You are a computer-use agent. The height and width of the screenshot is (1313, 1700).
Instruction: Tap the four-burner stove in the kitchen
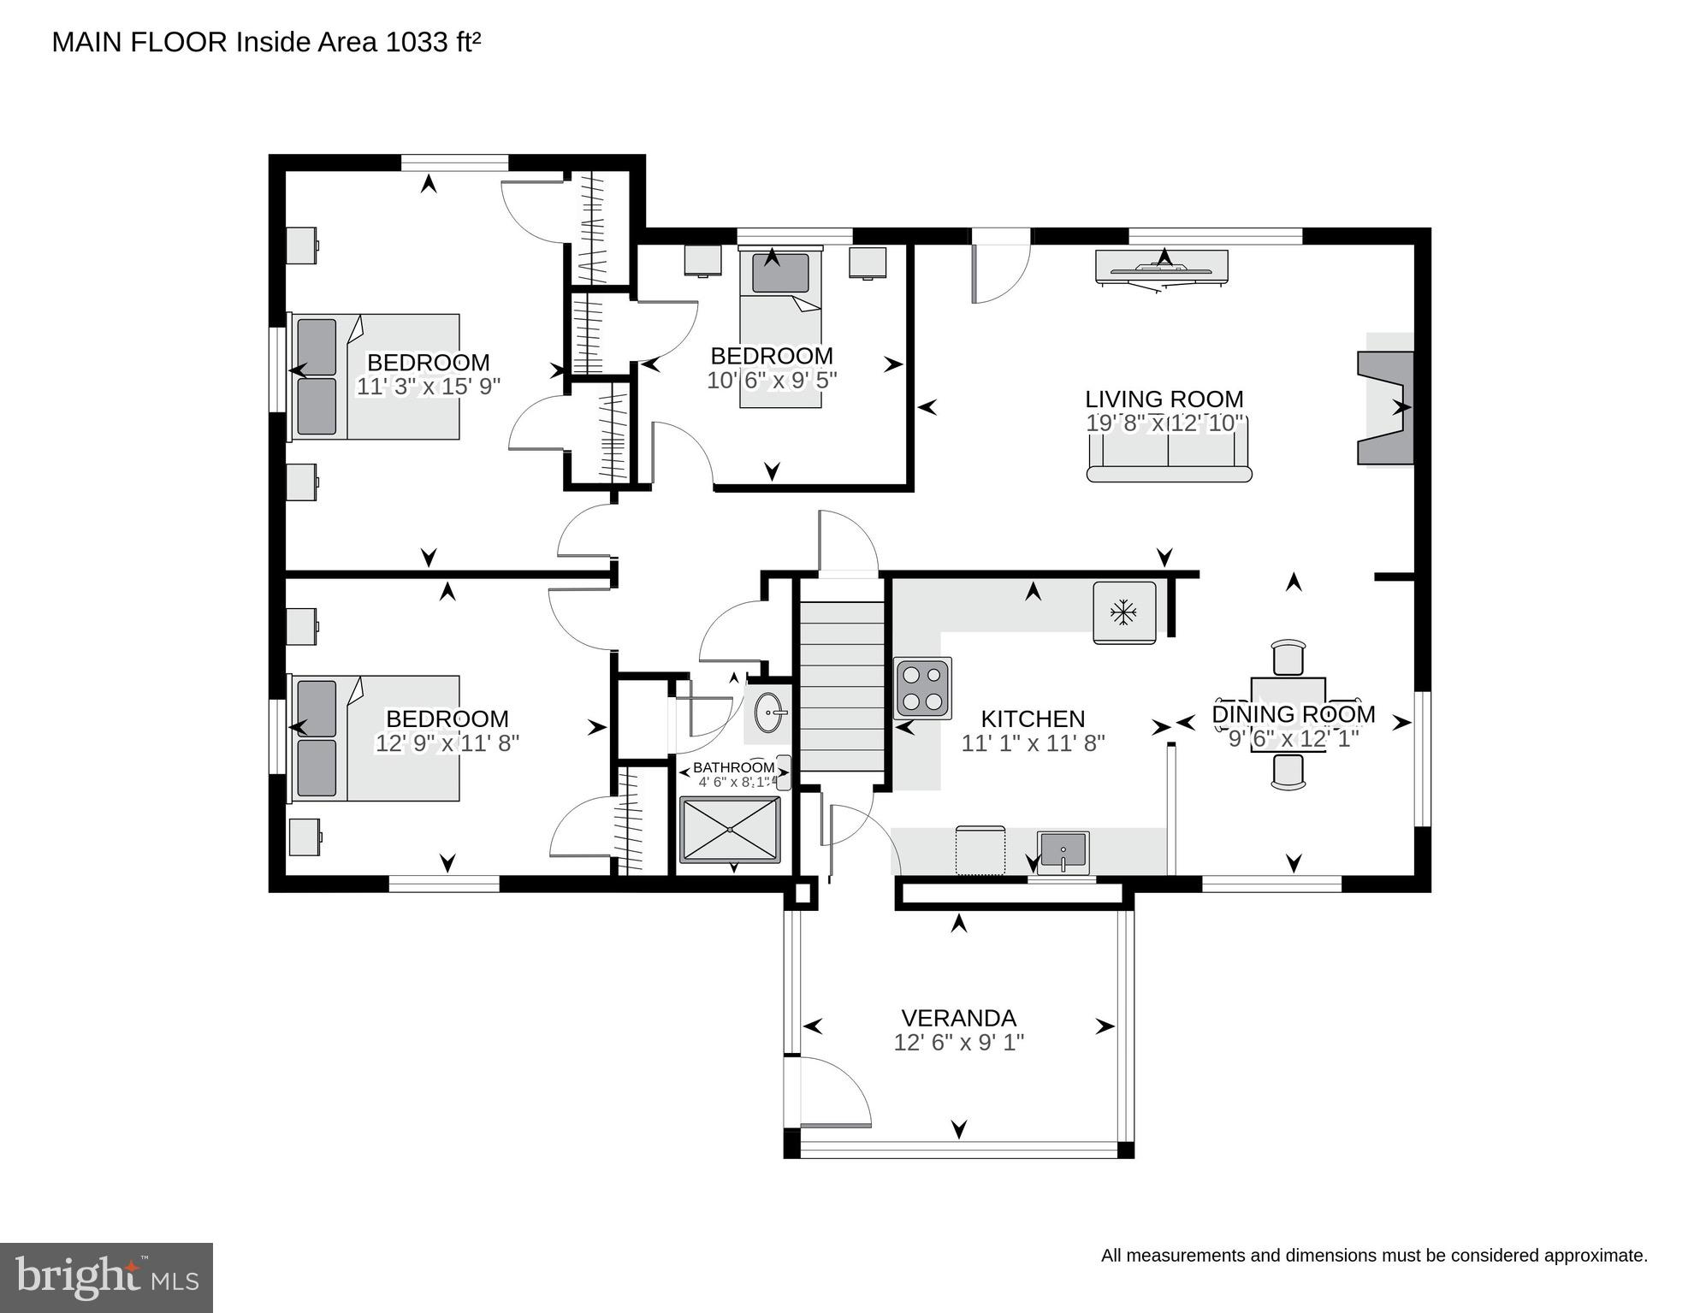[x=922, y=688]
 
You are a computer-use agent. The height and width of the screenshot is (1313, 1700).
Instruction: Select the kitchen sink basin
[x=1063, y=851]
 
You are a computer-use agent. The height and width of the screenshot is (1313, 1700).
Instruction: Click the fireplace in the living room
[x=1386, y=408]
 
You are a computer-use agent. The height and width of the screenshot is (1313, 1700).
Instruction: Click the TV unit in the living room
[x=1162, y=267]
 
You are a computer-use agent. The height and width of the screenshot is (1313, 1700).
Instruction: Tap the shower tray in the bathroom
[x=730, y=830]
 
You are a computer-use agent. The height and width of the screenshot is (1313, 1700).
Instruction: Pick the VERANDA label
[x=958, y=1018]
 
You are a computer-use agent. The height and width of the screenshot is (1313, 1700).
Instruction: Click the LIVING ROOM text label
[x=1164, y=399]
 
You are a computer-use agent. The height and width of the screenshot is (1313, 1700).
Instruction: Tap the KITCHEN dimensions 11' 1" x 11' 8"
[x=1033, y=743]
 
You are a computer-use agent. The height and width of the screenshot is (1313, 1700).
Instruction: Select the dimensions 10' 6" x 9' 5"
[x=772, y=380]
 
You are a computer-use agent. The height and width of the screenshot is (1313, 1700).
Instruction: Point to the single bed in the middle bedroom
[x=780, y=328]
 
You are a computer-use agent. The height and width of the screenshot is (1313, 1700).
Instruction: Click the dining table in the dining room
[x=1288, y=714]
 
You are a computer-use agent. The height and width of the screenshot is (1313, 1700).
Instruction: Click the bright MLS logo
[x=106, y=1278]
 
